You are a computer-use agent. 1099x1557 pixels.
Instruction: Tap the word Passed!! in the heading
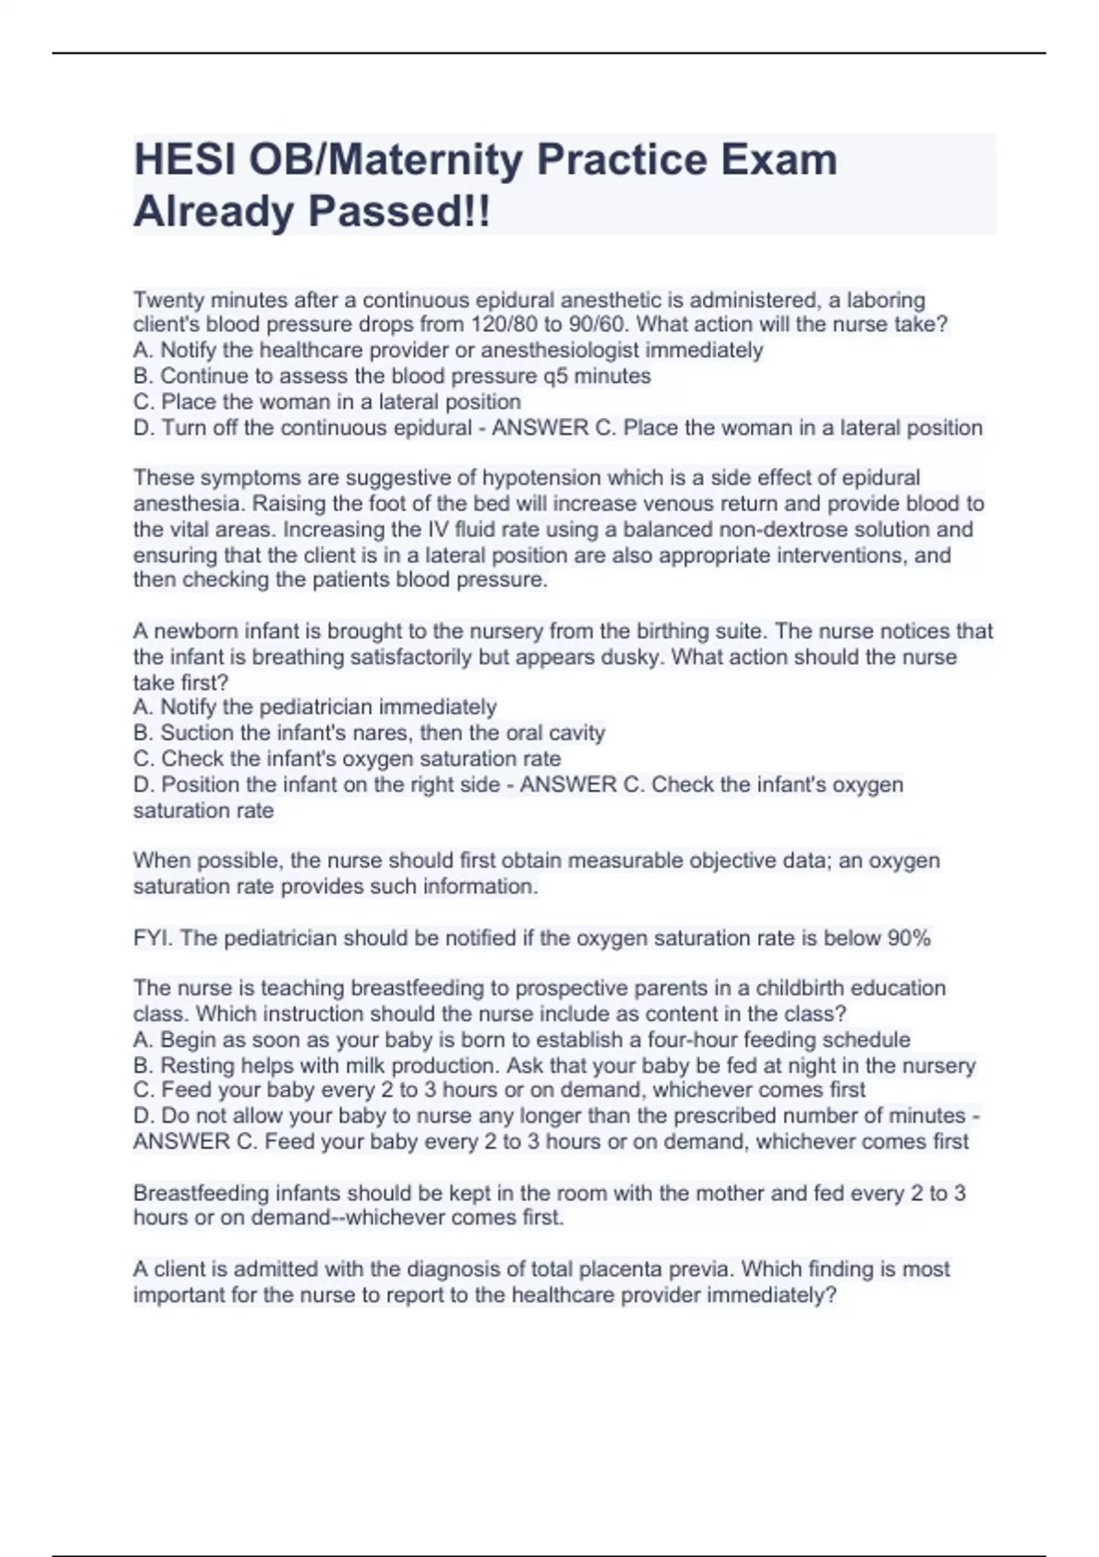[x=398, y=212]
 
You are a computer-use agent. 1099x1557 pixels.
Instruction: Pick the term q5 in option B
[x=556, y=376]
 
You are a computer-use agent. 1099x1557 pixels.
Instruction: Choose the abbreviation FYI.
[x=153, y=938]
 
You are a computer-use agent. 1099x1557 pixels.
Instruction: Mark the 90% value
[x=909, y=938]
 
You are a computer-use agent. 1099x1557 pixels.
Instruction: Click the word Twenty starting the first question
[x=170, y=299]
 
